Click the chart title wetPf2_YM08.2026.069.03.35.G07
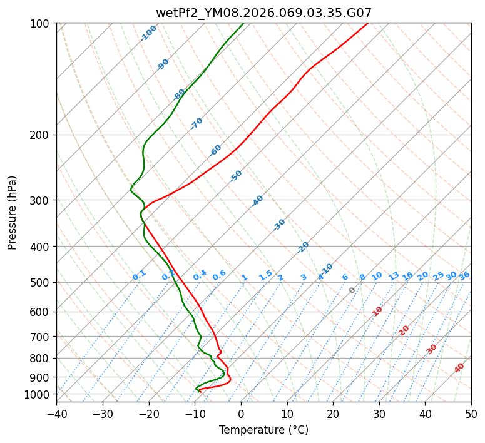click(x=263, y=12)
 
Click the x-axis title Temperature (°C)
click(x=263, y=430)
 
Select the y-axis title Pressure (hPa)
click(x=13, y=213)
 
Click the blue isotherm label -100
click(x=149, y=33)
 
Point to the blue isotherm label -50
click(x=236, y=176)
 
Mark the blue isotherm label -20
click(x=303, y=247)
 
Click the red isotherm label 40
click(x=459, y=368)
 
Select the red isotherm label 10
click(x=377, y=311)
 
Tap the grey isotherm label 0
click(x=352, y=290)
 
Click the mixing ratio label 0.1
click(x=139, y=275)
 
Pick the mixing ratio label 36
click(x=464, y=276)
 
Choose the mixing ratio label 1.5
click(x=265, y=275)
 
